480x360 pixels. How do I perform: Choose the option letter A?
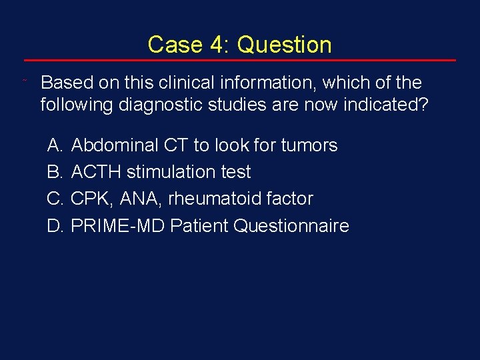click(54, 145)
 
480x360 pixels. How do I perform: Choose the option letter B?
click(54, 172)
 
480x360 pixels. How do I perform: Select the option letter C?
click(55, 199)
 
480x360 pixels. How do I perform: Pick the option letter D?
click(55, 226)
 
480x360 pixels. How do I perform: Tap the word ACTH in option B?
click(96, 172)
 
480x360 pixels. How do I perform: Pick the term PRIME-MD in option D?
click(117, 226)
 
